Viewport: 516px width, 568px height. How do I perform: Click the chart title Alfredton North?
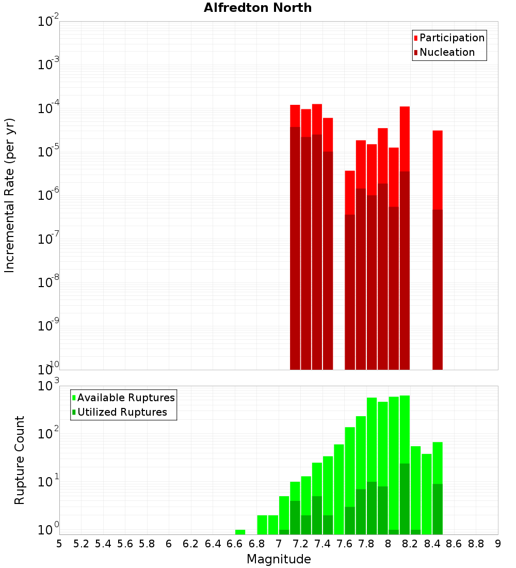257,8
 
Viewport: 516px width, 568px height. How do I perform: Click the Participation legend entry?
451,38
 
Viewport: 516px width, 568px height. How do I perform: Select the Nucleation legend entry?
446,52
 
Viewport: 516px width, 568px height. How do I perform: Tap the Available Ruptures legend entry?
125,398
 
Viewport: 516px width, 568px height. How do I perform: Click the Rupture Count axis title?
20,460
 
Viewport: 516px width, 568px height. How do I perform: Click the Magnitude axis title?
279,559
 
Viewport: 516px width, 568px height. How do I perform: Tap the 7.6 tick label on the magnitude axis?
345,544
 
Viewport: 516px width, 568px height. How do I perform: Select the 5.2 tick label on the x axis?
81,544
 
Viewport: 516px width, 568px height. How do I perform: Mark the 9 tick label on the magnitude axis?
497,544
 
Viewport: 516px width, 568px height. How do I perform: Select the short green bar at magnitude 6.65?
240,532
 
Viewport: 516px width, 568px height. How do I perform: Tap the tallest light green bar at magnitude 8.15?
405,429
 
